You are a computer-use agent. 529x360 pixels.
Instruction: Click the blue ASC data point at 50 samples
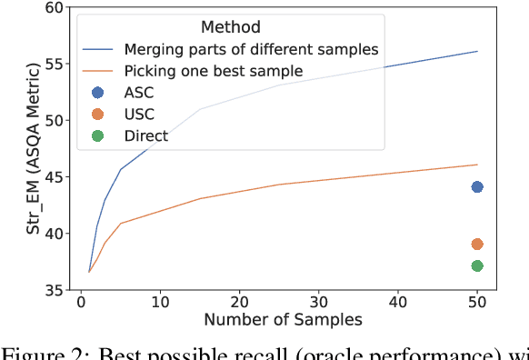(x=477, y=187)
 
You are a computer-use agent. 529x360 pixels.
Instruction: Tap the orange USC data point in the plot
(x=477, y=244)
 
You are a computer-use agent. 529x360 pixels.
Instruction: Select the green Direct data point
(x=477, y=265)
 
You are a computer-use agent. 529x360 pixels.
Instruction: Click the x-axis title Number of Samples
(x=283, y=320)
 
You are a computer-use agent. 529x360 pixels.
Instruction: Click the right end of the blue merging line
(x=477, y=51)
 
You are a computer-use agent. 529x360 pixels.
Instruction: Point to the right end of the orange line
(x=477, y=165)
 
